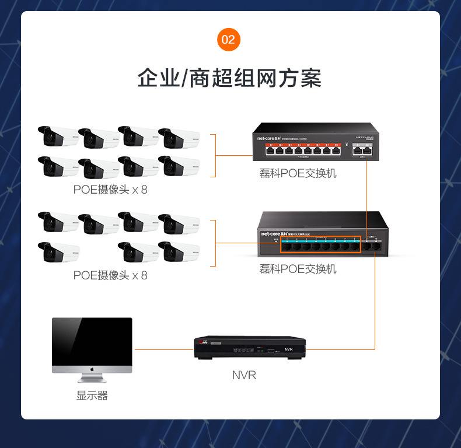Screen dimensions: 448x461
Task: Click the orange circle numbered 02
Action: [228, 40]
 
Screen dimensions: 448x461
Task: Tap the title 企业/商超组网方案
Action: [230, 78]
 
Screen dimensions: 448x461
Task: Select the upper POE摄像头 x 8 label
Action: [110, 190]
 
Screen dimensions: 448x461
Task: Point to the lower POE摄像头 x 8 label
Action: [110, 275]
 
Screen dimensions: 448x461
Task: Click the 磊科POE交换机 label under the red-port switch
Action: [298, 173]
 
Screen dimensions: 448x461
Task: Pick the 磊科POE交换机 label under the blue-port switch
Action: [298, 269]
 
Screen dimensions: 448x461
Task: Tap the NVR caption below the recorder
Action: [244, 375]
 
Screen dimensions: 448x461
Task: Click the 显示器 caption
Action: [92, 395]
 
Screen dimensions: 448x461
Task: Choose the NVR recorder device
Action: [250, 348]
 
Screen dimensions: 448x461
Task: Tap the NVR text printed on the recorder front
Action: [288, 349]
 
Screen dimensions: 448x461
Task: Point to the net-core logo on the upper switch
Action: [270, 138]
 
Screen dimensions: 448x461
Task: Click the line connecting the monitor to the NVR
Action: [164, 349]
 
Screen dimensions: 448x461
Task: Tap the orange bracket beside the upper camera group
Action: [214, 155]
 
